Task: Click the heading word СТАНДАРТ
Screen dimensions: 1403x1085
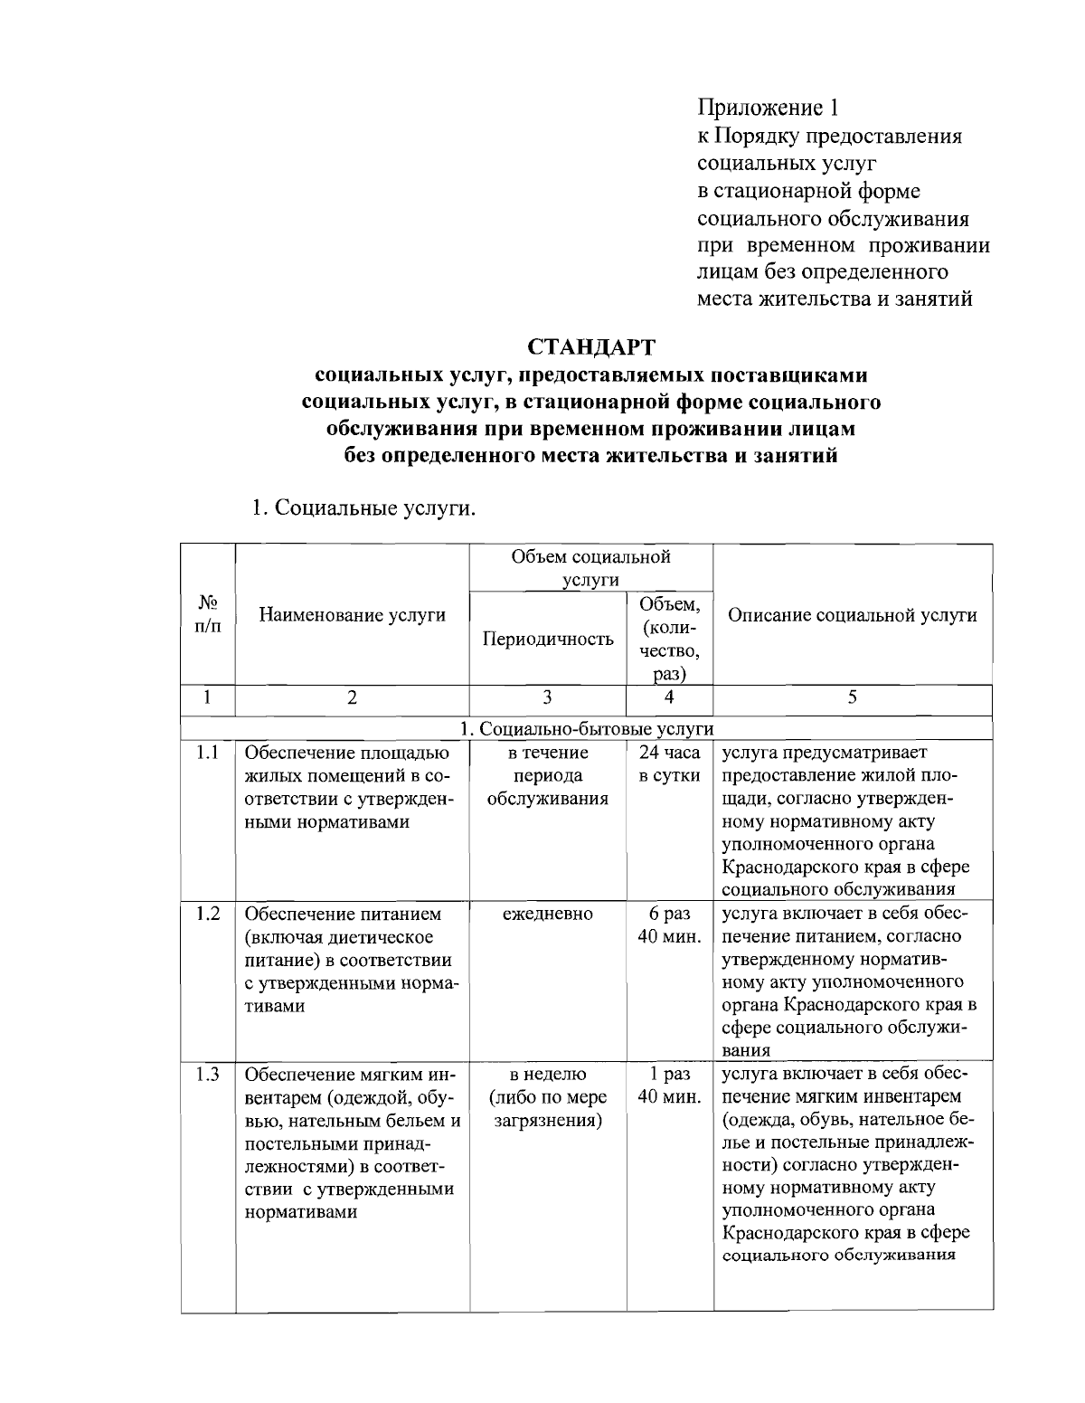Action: (x=591, y=347)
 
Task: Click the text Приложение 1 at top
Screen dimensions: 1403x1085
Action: (x=768, y=108)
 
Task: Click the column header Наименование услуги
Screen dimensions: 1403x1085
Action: (x=352, y=615)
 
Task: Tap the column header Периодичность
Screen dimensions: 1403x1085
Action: (x=548, y=640)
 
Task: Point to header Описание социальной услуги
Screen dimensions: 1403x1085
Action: (x=852, y=615)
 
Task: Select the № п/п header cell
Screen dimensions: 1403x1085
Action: (x=208, y=614)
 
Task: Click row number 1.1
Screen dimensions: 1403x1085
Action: (x=208, y=753)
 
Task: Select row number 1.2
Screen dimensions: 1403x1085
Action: (x=208, y=914)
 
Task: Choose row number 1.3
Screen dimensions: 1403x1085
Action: (x=208, y=1075)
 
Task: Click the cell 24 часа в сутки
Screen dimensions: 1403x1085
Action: (x=669, y=764)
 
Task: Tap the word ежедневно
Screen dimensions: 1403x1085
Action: (x=547, y=914)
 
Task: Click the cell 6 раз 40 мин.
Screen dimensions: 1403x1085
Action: (x=669, y=925)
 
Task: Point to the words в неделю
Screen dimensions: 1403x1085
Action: (x=547, y=1075)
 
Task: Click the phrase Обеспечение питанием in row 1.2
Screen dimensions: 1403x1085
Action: (x=344, y=914)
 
